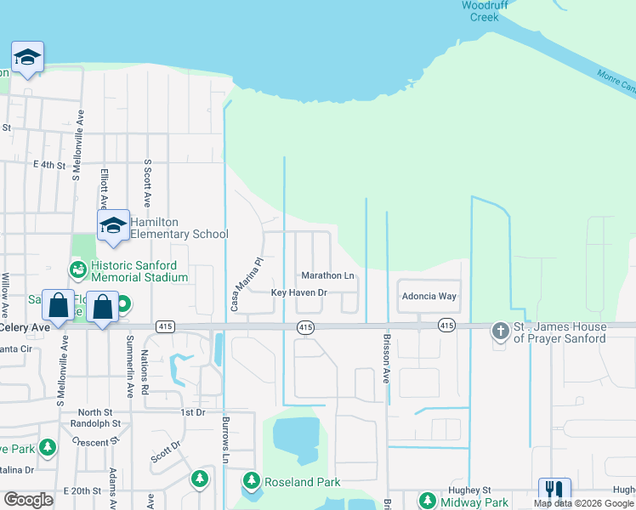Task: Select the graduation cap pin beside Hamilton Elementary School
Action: [x=112, y=226]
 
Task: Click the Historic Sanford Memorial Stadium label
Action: [x=139, y=271]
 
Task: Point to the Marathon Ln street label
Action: [x=327, y=276]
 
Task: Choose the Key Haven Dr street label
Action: [x=298, y=293]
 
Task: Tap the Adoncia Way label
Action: [x=429, y=297]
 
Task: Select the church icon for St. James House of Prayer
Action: [x=501, y=328]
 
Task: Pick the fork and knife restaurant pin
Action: [x=554, y=490]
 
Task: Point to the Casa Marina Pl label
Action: [x=245, y=284]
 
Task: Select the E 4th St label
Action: [x=49, y=164]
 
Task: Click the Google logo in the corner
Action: [x=28, y=501]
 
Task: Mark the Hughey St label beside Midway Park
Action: [x=474, y=490]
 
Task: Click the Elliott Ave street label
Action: [x=104, y=188]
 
